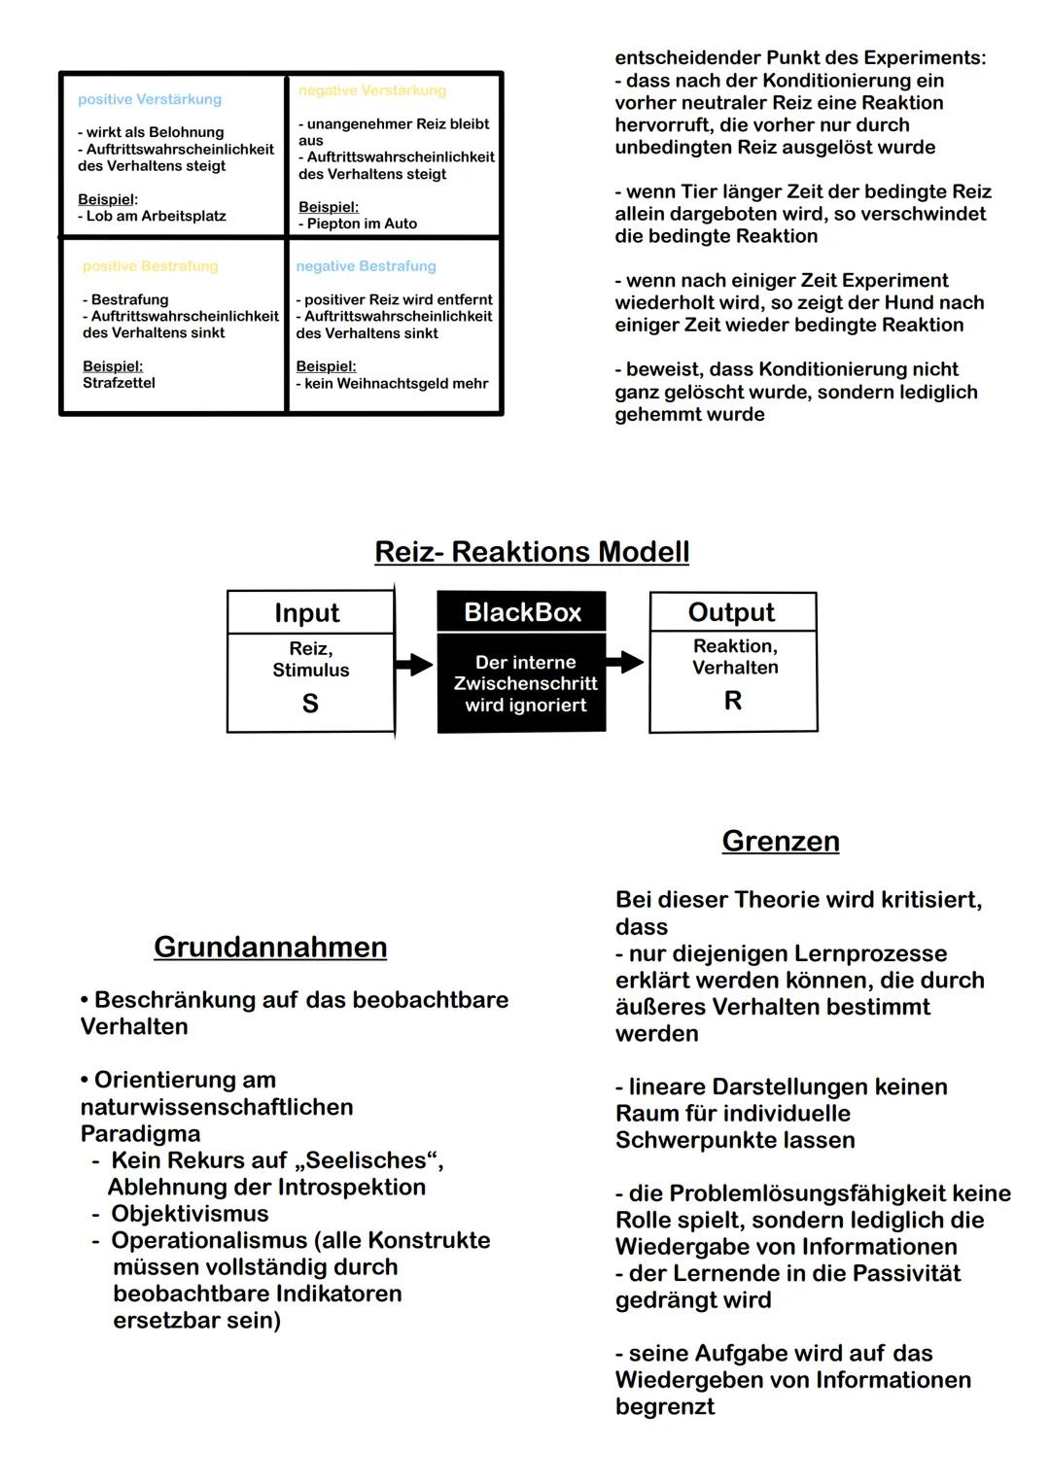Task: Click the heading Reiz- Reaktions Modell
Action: [532, 552]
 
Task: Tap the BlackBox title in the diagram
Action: [522, 612]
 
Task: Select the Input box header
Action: [307, 613]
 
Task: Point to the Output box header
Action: [731, 612]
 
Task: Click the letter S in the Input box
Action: [310, 704]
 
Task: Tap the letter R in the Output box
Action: [733, 701]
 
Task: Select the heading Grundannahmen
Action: [270, 947]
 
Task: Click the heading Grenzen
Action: [781, 841]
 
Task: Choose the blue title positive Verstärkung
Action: [150, 99]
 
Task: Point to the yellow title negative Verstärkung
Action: [372, 90]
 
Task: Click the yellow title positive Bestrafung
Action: [151, 266]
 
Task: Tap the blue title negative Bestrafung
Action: [367, 266]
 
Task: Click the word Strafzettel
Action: [119, 383]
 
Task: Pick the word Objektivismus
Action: [190, 1214]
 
